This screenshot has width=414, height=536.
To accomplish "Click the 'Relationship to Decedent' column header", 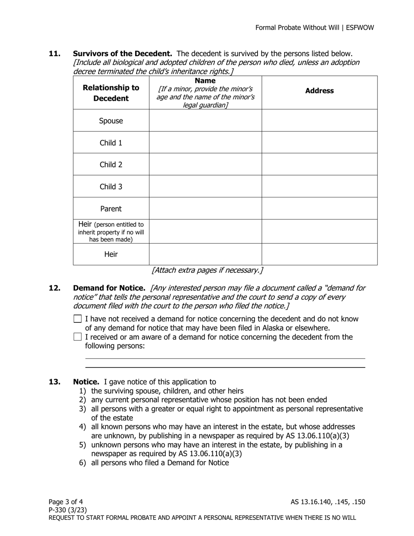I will pyautogui.click(x=111, y=93).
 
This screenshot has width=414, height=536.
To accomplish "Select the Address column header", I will pyautogui.click(x=319, y=91).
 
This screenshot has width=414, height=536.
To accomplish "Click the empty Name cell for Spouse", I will pyautogui.click(x=205, y=121).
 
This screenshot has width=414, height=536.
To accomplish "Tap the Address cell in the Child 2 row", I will pyautogui.click(x=319, y=164).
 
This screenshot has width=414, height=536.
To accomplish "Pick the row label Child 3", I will pyautogui.click(x=111, y=187).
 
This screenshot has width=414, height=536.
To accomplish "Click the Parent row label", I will pyautogui.click(x=111, y=209).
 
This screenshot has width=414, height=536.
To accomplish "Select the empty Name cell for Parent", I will pyautogui.click(x=205, y=209).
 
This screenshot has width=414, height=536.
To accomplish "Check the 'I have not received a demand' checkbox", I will pyautogui.click(x=78, y=319).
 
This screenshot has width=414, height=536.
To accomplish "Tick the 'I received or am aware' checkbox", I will pyautogui.click(x=78, y=337).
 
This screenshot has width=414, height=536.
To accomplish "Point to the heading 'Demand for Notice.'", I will pyautogui.click(x=109, y=288).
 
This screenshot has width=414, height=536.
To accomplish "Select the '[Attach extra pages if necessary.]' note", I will pyautogui.click(x=207, y=270).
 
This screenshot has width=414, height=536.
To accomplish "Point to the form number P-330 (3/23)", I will pyautogui.click(x=68, y=510).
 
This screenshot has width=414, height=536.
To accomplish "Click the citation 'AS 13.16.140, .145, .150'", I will pyautogui.click(x=328, y=502).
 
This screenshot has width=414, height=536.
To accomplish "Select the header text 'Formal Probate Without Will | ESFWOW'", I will pyautogui.click(x=314, y=27).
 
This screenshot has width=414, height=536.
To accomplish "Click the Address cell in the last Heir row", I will pyautogui.click(x=319, y=254).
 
